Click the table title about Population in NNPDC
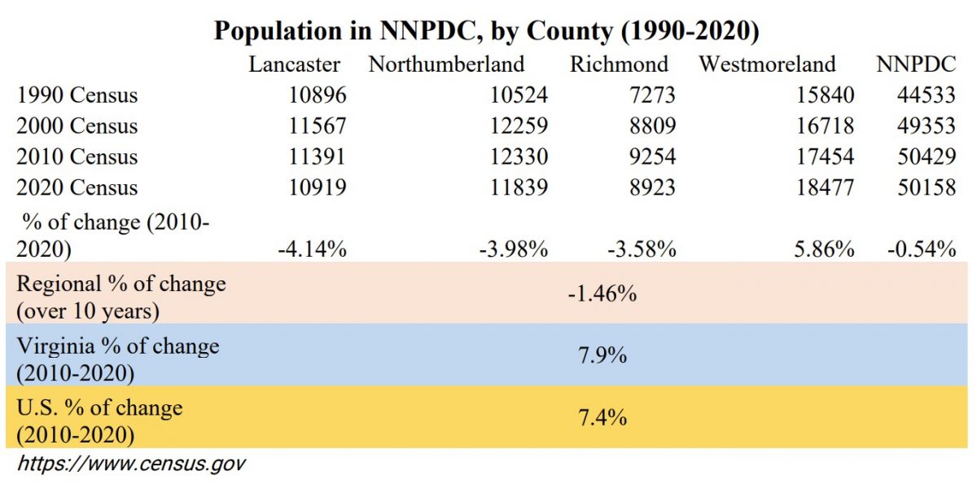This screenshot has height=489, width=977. pos(486,30)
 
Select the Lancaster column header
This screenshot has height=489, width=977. pos(294,64)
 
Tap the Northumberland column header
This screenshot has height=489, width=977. pos(446,64)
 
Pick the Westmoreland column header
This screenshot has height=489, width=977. pos(767,64)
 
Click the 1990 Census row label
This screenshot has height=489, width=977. pos(77,95)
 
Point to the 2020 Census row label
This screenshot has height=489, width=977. pos(77,188)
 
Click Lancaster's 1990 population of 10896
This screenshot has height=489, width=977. pos(318,95)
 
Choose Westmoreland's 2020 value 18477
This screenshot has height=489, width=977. pos(826,188)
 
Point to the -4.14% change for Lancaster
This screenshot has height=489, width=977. pos(313,249)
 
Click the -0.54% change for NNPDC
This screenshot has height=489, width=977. pos(921,249)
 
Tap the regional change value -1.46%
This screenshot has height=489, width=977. pos(602,293)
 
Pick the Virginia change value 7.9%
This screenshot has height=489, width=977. pos(602,355)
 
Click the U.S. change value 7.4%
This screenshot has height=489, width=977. pos(602,417)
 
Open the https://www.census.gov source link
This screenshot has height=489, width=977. pos(131,465)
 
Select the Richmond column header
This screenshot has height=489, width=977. pos(619,64)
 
